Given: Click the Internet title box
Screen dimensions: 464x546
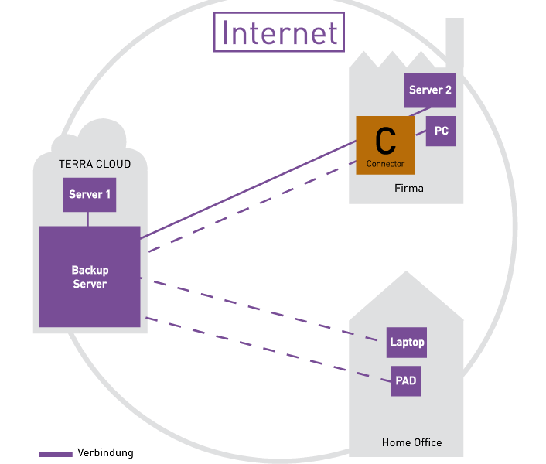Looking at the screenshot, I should tap(279, 32).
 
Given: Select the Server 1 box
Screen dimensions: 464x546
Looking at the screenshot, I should tap(90, 194).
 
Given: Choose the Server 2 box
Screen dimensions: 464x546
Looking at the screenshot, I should tap(430, 90).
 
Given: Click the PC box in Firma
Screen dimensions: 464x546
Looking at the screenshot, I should tap(441, 131).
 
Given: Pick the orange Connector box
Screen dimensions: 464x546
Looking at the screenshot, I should tap(385, 145).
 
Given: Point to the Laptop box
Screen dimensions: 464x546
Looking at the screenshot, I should tap(407, 342).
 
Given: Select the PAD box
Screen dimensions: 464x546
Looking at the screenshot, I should tap(406, 381).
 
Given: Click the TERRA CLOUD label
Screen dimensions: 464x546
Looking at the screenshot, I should tap(94, 164).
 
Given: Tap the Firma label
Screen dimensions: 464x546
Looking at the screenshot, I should tap(408, 188).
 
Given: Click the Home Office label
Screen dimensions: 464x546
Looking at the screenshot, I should tap(411, 442).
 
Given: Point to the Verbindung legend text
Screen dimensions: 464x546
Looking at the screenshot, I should tap(105, 453).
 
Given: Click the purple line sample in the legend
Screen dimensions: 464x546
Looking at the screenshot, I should tap(56, 454).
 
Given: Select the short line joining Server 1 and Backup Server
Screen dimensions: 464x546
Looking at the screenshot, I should tap(88, 219).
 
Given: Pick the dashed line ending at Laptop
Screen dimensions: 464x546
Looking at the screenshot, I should tap(263, 309).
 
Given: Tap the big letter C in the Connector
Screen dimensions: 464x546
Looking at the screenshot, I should tap(385, 141).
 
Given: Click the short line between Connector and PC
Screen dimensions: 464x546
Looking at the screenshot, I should tap(420, 136).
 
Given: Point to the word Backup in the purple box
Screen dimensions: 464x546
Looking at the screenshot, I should tap(90, 270).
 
